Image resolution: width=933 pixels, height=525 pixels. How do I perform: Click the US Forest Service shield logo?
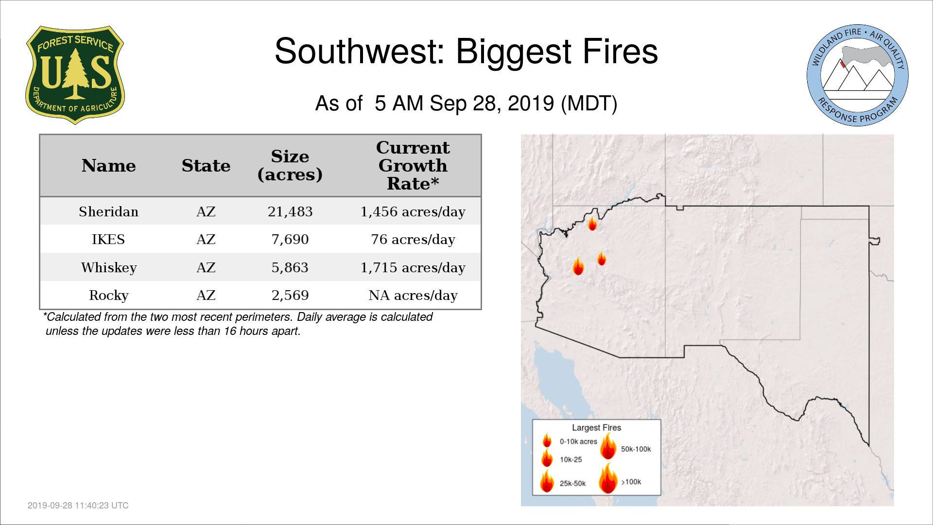tap(75, 75)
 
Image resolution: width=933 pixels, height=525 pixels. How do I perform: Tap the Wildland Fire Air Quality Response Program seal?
tap(858, 75)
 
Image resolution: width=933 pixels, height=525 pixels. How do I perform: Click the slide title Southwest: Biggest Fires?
tap(466, 51)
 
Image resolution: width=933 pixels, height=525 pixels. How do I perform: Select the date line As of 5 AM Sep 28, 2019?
tap(466, 103)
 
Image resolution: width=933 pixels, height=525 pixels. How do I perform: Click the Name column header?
tap(108, 166)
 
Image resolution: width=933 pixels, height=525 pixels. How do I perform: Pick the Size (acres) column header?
tap(290, 165)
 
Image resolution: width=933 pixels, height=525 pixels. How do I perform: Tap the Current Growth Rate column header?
tap(413, 165)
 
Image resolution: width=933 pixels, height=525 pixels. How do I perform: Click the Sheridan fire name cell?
tap(108, 211)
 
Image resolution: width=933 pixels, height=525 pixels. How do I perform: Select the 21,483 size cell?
tap(290, 212)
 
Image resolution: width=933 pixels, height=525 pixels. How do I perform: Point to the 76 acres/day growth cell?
tap(413, 240)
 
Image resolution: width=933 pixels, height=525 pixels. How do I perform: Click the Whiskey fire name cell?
tap(109, 268)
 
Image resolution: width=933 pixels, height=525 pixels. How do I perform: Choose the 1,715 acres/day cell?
tap(413, 268)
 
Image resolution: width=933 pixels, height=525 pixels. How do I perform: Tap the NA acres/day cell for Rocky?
tap(413, 296)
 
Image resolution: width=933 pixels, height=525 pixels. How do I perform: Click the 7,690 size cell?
tap(290, 240)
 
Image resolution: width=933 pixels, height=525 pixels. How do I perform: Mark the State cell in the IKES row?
tap(206, 240)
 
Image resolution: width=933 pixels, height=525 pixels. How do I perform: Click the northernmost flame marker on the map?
tap(592, 223)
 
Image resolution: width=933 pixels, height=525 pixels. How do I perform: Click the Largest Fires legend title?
tap(596, 428)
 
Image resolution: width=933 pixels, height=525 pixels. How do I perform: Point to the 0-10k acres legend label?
tap(578, 441)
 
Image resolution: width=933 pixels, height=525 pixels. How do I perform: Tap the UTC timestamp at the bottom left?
tap(78, 506)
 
